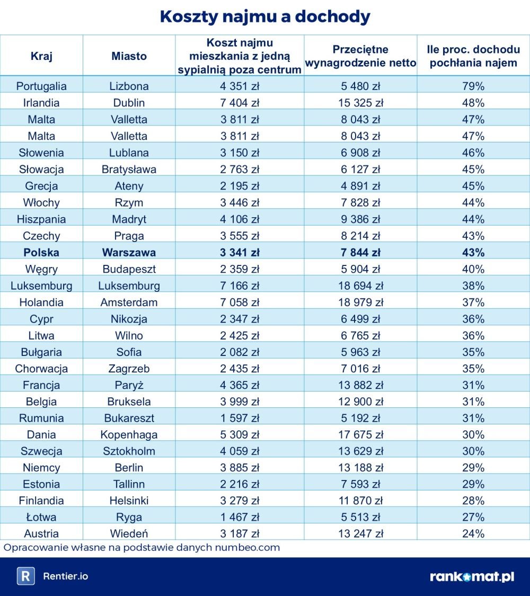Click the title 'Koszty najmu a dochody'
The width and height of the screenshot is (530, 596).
coord(264,16)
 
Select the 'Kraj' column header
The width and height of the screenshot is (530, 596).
coord(41,56)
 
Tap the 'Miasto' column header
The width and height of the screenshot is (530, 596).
coord(129,56)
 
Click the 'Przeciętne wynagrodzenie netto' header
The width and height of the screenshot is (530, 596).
coord(360,56)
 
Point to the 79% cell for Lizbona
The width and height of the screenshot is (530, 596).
coord(473,86)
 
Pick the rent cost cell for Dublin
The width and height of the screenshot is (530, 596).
coord(240,103)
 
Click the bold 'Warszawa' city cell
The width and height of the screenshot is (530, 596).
coord(129,252)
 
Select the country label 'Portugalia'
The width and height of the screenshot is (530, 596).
coord(41,86)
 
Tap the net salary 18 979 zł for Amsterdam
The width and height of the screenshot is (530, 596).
coord(360,303)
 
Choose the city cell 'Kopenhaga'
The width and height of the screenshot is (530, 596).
coord(129,435)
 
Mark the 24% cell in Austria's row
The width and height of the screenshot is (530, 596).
coord(473,533)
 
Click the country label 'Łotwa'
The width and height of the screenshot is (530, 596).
coord(41,517)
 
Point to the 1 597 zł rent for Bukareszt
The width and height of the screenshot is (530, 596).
coord(240,418)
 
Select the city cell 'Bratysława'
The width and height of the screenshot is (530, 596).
coord(129,170)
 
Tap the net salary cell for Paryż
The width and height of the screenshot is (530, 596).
coord(360,385)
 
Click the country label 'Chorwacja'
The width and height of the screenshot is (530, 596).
coord(41,369)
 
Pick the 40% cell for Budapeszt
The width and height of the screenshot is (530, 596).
coord(473,269)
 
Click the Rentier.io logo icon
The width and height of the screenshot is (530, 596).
coord(25,576)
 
